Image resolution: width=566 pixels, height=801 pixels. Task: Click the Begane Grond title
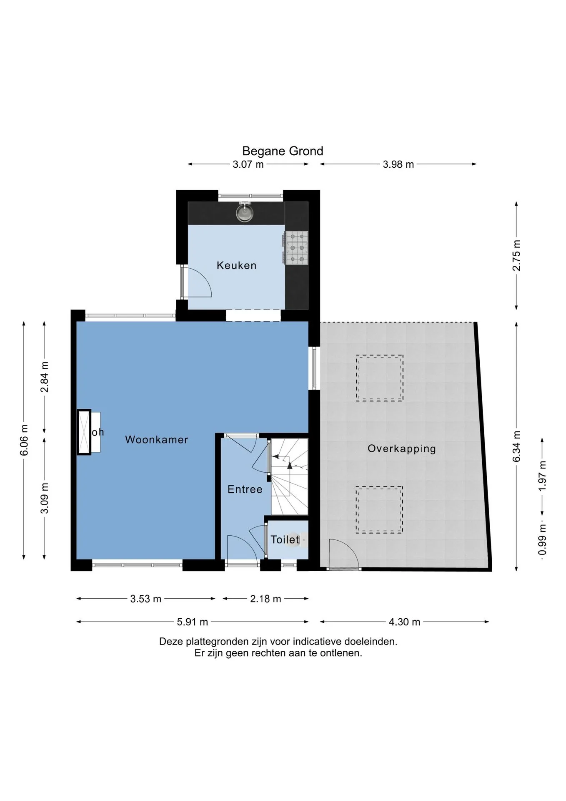[283, 151]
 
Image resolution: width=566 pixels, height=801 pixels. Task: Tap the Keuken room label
[236, 265]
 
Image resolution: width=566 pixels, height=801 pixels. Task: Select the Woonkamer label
[157, 439]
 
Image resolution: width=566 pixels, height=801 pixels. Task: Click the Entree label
[245, 489]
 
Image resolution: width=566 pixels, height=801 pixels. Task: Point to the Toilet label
[285, 539]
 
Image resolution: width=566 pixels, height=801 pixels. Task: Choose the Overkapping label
[401, 449]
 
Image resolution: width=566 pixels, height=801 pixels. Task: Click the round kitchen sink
[245, 213]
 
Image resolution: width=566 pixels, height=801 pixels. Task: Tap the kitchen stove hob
[296, 248]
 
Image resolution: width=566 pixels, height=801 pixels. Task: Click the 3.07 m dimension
[248, 164]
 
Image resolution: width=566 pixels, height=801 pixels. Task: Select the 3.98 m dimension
[398, 164]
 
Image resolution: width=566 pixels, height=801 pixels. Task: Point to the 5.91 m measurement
[192, 622]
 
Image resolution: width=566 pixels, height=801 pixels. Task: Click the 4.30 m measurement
[404, 622]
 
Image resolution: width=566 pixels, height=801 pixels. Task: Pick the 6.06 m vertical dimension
[24, 440]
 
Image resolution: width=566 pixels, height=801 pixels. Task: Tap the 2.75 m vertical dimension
[517, 256]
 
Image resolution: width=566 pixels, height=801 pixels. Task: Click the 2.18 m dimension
[265, 599]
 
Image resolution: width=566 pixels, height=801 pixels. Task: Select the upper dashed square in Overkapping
[379, 378]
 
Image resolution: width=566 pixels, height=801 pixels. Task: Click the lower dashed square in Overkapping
[379, 510]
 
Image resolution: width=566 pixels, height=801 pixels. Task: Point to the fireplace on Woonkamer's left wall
[84, 432]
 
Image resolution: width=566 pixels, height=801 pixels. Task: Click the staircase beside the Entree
[289, 476]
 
